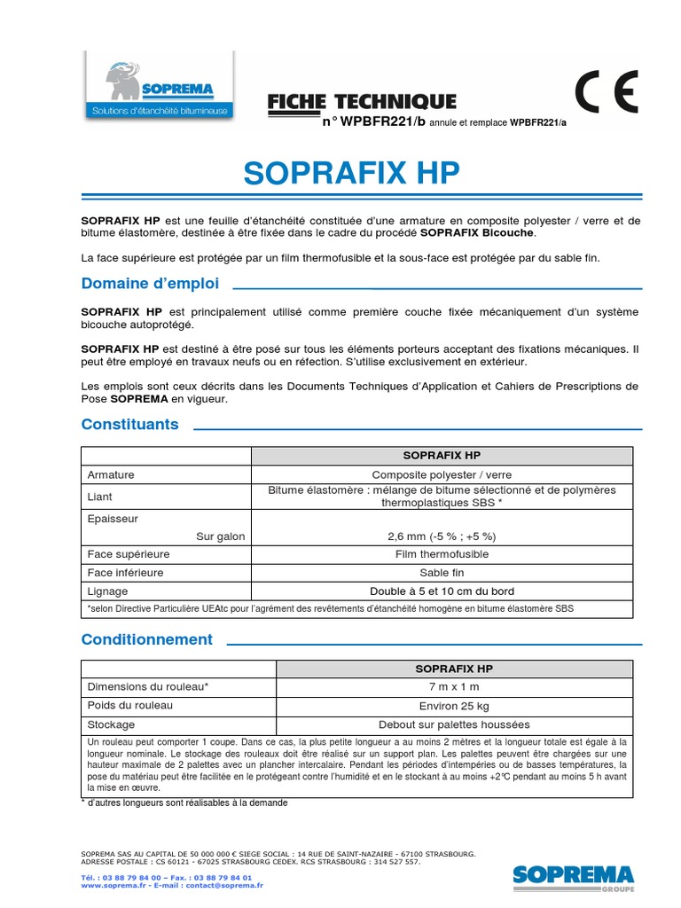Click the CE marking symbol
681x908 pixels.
[606, 91]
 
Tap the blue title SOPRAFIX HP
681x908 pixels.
[352, 174]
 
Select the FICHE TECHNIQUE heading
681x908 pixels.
[362, 102]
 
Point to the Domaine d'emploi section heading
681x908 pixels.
[150, 284]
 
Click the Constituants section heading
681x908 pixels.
[129, 424]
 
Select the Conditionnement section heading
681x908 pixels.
[147, 639]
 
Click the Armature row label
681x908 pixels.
[111, 474]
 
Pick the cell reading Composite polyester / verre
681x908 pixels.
[442, 474]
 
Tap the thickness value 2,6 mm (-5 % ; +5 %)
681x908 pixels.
[442, 536]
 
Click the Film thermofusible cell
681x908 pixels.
[442, 554]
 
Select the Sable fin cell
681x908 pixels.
[442, 573]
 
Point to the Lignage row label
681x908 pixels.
[107, 591]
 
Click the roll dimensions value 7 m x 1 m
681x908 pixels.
[454, 687]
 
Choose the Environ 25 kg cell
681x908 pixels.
[454, 706]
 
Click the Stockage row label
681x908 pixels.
[111, 724]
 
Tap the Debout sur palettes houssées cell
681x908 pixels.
[454, 724]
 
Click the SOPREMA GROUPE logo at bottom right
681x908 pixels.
[573, 876]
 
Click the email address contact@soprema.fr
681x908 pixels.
[225, 885]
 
